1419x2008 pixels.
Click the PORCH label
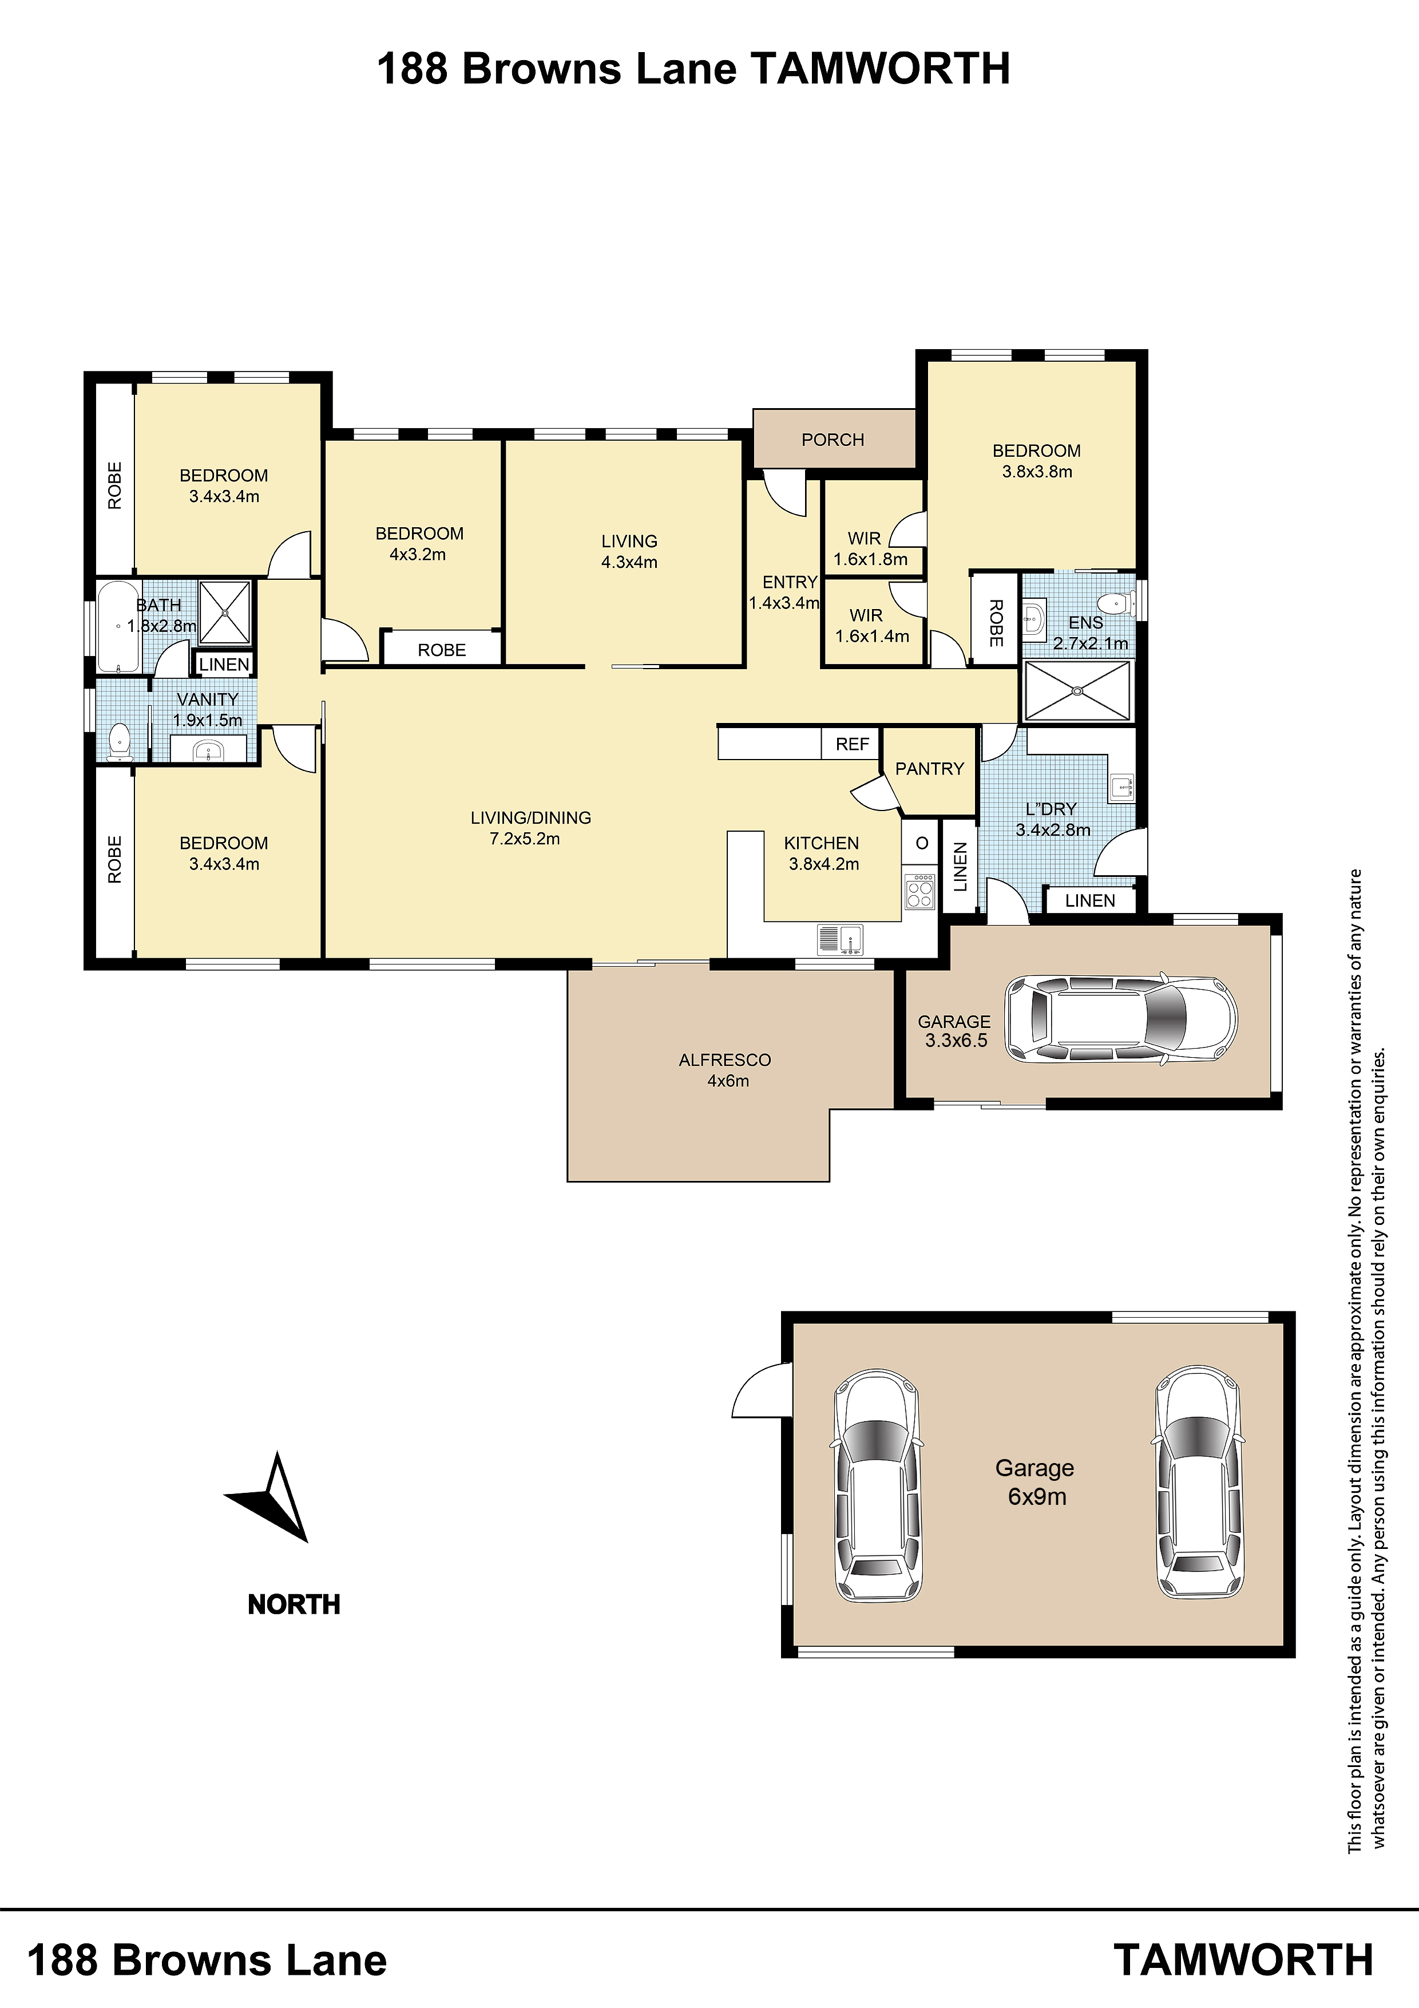[x=833, y=440]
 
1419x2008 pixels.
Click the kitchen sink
[x=839, y=940]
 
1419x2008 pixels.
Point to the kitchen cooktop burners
[x=919, y=891]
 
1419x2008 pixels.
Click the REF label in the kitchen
[x=853, y=744]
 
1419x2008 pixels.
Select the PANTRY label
[x=929, y=769]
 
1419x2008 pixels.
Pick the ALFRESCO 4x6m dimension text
[x=728, y=1081]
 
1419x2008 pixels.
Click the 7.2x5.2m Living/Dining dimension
[x=525, y=839]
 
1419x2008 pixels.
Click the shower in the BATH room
[x=225, y=612]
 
